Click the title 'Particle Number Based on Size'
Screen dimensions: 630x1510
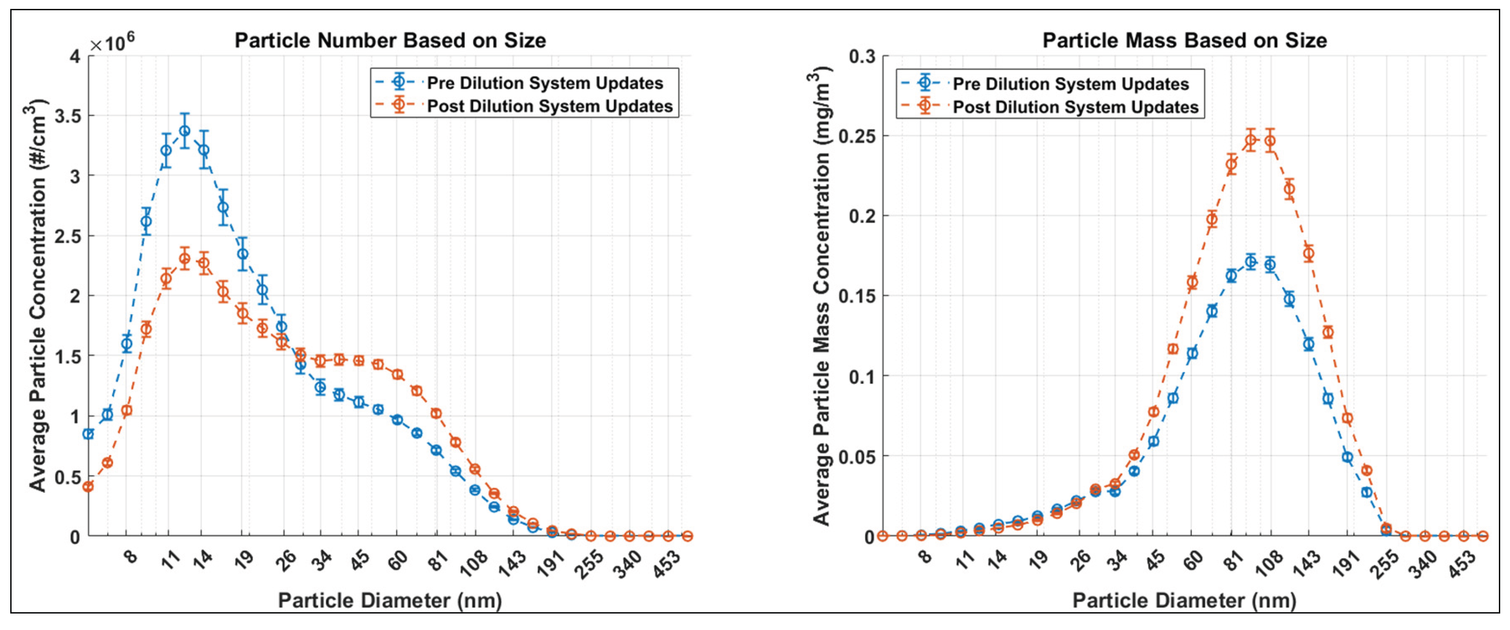[x=390, y=41]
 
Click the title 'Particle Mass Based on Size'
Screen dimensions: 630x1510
[x=1184, y=41]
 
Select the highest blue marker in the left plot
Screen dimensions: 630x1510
[x=185, y=131]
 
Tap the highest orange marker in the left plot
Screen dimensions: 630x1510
[x=185, y=258]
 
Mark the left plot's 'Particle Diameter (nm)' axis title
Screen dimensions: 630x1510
[x=390, y=600]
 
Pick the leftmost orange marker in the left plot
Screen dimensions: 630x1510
[x=89, y=486]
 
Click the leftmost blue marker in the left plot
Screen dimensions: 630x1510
[x=89, y=434]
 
